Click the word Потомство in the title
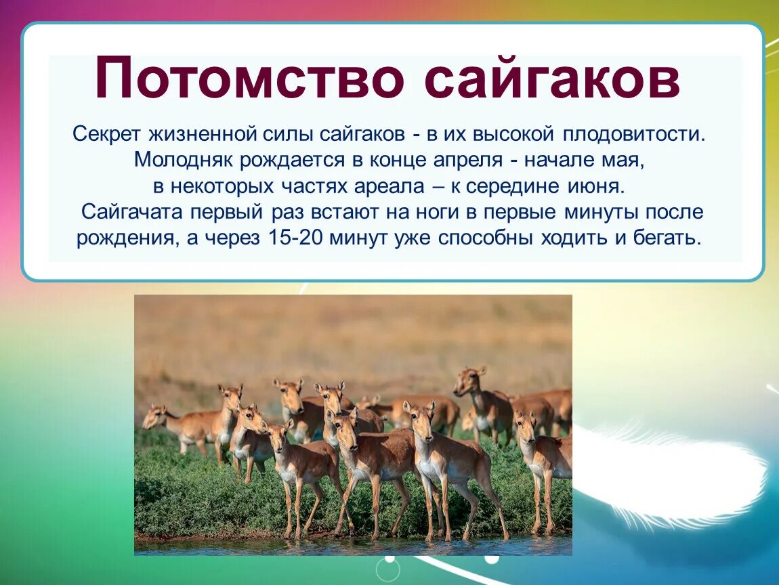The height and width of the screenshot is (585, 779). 249,77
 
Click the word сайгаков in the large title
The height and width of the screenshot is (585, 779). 552,79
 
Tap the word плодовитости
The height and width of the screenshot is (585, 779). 635,135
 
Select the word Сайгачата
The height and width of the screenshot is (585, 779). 133,212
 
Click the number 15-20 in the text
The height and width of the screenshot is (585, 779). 295,238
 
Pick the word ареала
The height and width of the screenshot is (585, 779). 389,187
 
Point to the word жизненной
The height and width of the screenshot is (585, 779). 203,134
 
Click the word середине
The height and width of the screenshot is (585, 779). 511,187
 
